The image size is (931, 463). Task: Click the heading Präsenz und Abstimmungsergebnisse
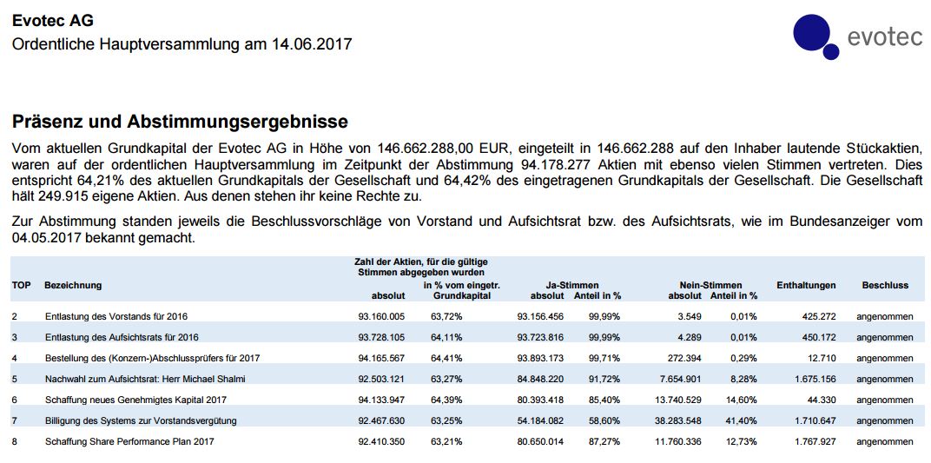(x=180, y=121)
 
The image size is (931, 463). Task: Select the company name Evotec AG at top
(x=52, y=20)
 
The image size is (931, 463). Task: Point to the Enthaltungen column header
(x=806, y=285)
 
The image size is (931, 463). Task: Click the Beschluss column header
(x=885, y=285)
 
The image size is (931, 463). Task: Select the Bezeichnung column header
(x=73, y=285)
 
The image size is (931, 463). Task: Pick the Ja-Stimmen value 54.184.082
(x=540, y=420)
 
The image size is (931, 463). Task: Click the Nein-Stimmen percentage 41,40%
(x=741, y=420)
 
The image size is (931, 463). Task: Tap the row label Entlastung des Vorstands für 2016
(x=116, y=316)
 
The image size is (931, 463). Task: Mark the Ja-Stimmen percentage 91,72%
(x=604, y=379)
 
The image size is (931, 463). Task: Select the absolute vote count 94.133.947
(x=381, y=400)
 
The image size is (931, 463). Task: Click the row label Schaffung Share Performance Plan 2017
(x=129, y=441)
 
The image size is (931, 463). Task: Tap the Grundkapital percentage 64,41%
(x=446, y=358)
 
